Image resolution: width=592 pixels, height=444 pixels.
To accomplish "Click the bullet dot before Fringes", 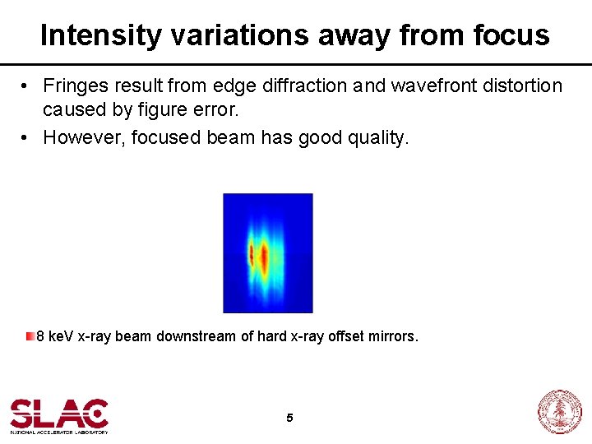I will (x=27, y=86).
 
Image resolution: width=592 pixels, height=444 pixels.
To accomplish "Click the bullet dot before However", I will (x=27, y=138).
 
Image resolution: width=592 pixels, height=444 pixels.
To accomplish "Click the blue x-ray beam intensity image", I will (x=267, y=253).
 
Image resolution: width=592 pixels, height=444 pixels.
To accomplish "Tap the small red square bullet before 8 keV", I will (x=30, y=335).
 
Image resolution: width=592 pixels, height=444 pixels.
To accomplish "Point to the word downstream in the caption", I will (x=196, y=336).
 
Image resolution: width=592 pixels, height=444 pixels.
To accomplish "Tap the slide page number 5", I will (x=289, y=418).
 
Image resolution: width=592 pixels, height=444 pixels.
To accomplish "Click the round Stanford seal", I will (x=559, y=412).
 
